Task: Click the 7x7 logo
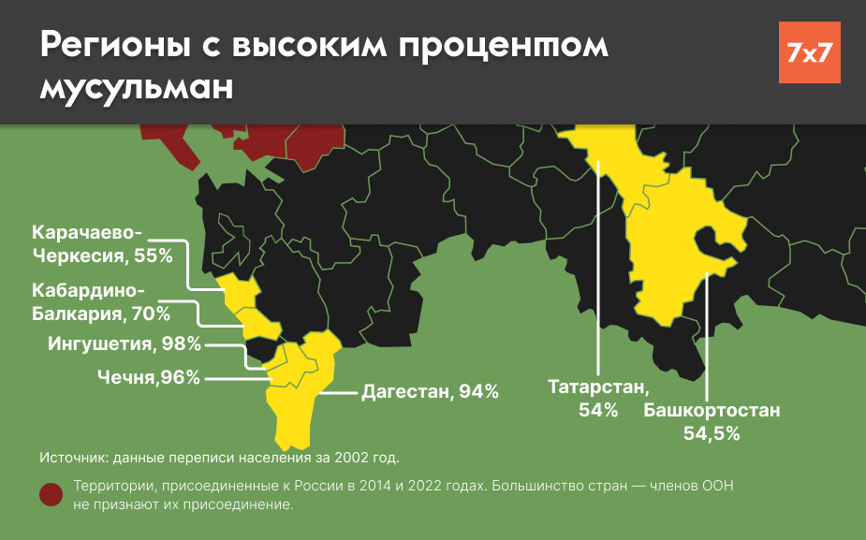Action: click(x=809, y=52)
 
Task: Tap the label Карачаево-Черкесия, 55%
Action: click(x=102, y=243)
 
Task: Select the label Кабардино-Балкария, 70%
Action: click(x=101, y=301)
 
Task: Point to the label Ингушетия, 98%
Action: click(x=125, y=343)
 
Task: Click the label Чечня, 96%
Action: click(x=149, y=377)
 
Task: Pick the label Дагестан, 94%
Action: click(x=430, y=392)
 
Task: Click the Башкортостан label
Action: click(x=712, y=411)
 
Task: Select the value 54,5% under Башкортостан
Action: click(x=712, y=433)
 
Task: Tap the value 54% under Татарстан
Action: click(x=598, y=409)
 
